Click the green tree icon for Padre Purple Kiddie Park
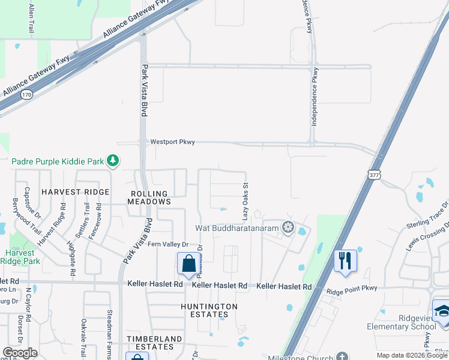pos(112,160)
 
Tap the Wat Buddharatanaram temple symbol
pos(288,228)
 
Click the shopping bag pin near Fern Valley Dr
pos(188,263)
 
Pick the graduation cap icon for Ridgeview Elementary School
pos(442,311)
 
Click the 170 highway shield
pos(26,94)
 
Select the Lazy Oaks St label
pos(245,201)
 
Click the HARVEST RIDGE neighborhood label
pos(76,192)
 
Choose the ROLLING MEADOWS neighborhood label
pos(149,197)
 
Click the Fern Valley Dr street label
pos(169,245)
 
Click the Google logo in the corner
pos(20,353)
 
